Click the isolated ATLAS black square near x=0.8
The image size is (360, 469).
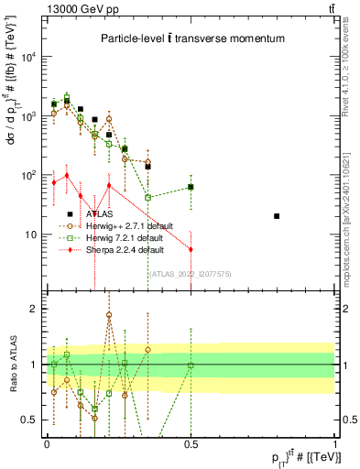tap(277, 216)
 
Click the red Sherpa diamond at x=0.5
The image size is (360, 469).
tap(191, 249)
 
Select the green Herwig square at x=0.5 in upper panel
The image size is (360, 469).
tap(191, 187)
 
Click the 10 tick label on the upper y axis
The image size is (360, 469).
tap(32, 234)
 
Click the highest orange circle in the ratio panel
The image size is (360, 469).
tap(109, 315)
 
